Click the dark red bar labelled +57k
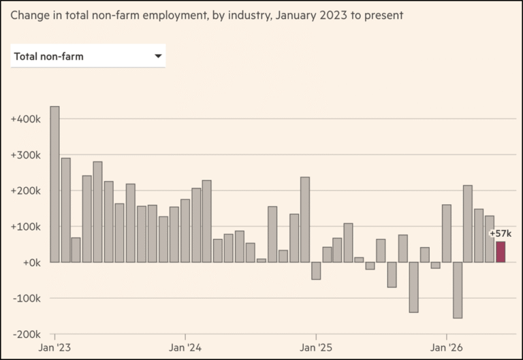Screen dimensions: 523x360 click(501, 252)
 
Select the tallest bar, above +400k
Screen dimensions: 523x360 click(54, 184)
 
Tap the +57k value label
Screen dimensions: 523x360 click(501, 233)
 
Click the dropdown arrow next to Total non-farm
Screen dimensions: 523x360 click(159, 56)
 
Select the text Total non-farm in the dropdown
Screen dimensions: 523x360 click(49, 56)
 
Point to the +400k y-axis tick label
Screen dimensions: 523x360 click(26, 119)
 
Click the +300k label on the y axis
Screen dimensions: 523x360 click(26, 155)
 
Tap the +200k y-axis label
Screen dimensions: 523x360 click(26, 191)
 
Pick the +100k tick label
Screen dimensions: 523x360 click(26, 227)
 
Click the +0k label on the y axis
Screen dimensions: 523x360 click(32, 263)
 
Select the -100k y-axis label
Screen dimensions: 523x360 click(27, 298)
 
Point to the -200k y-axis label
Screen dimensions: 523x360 click(27, 334)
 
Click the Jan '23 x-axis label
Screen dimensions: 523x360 click(54, 348)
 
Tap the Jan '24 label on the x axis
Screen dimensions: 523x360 click(185, 348)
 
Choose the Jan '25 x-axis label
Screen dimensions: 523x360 click(316, 348)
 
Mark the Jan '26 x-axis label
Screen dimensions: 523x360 click(446, 348)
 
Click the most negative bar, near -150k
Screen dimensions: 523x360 click(458, 290)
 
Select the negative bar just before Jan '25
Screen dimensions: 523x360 click(316, 271)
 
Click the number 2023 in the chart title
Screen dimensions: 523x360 click(333, 16)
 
